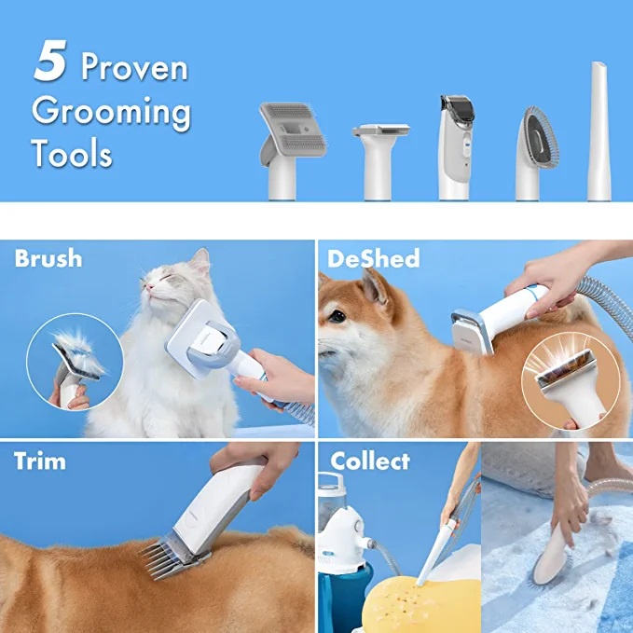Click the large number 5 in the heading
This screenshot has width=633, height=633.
coord(50,61)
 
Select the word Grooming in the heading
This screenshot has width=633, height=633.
coord(111,113)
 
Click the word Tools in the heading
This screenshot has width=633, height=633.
coord(72,153)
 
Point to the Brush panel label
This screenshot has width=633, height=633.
coord(48,258)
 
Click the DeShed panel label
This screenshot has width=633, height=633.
coord(374,259)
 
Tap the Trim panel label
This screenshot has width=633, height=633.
coord(39,461)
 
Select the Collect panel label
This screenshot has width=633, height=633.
coord(370,461)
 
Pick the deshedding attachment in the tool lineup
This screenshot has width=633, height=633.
coord(379,161)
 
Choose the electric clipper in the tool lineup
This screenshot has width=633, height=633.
coord(456,147)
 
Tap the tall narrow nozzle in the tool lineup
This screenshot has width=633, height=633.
coord(599,131)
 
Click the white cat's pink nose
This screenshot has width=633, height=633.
coord(149,287)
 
